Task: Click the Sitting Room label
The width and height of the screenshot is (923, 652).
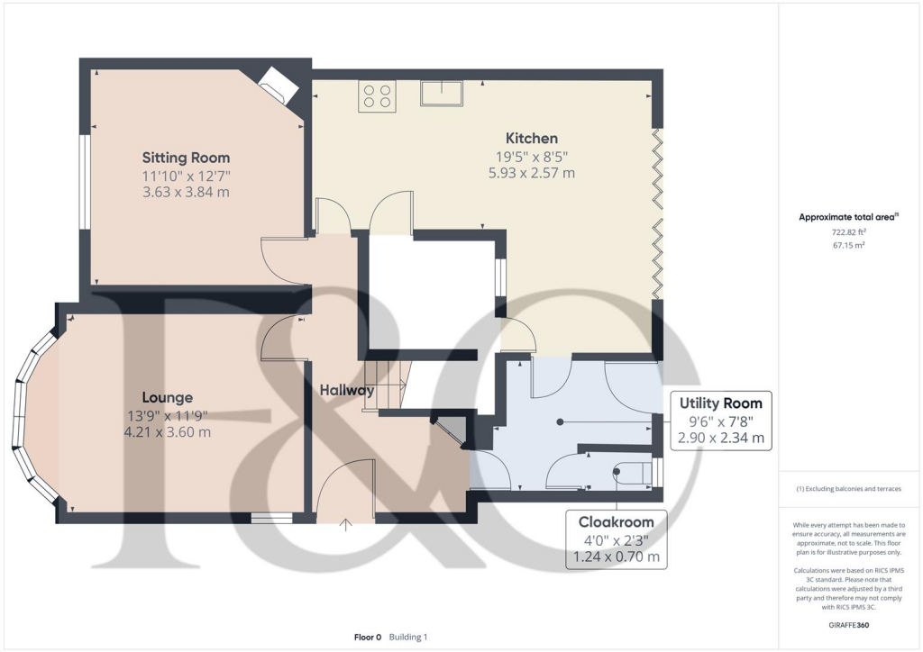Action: tap(186, 158)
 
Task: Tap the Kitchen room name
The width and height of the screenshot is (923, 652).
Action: tap(531, 138)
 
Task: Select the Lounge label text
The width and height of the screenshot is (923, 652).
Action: tap(167, 397)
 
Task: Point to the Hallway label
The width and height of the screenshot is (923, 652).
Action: tap(347, 390)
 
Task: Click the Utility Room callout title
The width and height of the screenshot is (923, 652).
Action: tap(720, 403)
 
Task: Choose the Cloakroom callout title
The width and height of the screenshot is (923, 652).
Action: tap(616, 521)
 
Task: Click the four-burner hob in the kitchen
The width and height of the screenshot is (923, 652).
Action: tap(377, 96)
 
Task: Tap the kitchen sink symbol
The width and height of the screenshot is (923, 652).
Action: tap(441, 93)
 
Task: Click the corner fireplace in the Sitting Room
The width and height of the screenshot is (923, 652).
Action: tap(277, 88)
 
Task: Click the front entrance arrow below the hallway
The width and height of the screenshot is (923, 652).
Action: tap(346, 525)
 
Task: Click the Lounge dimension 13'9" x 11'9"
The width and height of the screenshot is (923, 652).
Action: tap(168, 415)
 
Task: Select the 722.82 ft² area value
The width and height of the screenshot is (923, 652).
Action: tap(850, 231)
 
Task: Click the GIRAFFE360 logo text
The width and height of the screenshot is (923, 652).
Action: tap(850, 624)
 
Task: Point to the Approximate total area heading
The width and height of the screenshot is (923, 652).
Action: tap(849, 217)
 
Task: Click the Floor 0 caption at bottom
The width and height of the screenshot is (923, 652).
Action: tap(368, 637)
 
